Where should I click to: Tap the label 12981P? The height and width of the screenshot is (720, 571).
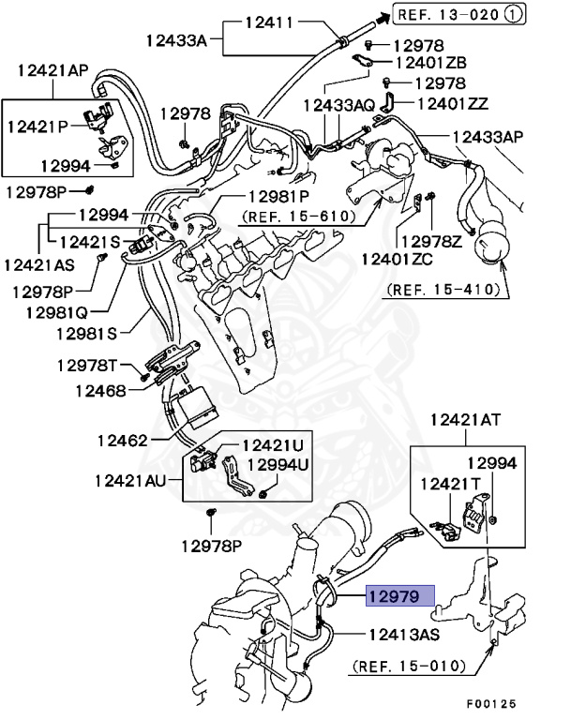(278, 197)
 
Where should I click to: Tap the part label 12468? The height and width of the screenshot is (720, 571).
(100, 389)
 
